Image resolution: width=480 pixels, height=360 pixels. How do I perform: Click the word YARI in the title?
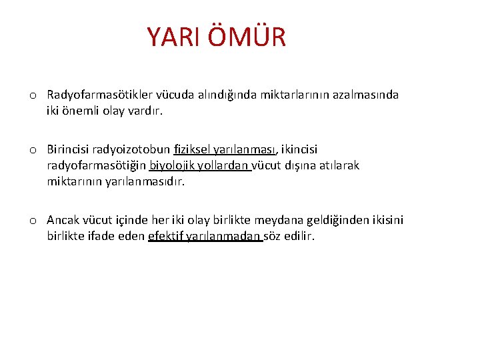174,37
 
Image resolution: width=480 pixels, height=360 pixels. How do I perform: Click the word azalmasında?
366,95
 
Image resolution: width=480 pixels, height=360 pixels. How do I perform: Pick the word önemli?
79,111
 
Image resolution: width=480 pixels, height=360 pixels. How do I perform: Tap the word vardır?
143,111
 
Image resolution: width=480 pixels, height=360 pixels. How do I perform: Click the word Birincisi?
69,149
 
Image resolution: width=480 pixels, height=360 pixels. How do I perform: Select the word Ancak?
63,220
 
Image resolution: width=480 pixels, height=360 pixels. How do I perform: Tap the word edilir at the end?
300,236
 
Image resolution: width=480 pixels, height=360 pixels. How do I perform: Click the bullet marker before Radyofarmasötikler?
33,95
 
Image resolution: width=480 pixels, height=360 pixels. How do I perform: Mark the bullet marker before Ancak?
33,221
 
